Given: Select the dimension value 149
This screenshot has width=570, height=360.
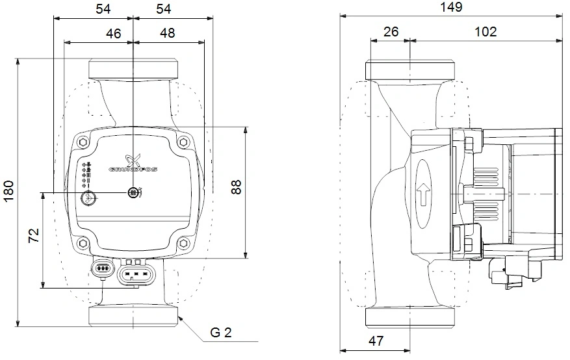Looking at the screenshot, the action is (451, 7).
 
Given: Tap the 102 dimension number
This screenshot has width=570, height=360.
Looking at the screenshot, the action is (486, 32).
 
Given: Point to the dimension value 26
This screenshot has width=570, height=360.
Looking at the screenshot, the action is (391, 32).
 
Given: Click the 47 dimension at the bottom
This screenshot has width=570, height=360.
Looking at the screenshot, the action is (376, 341).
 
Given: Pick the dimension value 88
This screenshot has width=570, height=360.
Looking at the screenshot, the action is (237, 187).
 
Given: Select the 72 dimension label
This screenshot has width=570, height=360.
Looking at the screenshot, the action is (34, 235).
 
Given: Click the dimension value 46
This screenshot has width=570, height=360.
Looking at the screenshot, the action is (113, 33).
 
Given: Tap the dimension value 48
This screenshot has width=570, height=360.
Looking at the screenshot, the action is (167, 33).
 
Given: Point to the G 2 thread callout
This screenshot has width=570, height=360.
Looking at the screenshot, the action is (221, 333).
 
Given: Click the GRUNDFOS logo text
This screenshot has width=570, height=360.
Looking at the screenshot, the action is (133, 170).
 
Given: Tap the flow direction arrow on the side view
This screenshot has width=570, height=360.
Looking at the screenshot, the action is (423, 194).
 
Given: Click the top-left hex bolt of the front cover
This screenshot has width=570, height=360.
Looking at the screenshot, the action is (84, 142).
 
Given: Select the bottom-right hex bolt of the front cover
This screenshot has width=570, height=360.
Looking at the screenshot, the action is (183, 244).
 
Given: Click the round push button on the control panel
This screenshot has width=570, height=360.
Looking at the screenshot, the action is (88, 198).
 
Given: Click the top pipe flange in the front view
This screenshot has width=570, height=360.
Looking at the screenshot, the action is (133, 68).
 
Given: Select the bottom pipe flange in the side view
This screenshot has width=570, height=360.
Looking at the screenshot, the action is (409, 316).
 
